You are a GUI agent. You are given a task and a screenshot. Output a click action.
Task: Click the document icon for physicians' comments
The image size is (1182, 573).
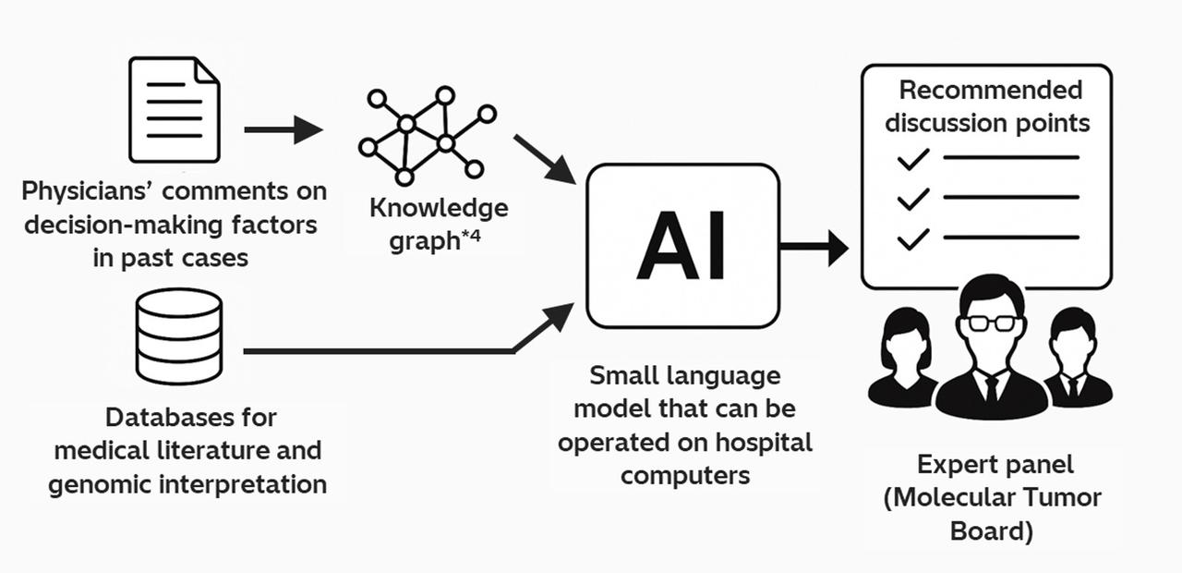(175, 109)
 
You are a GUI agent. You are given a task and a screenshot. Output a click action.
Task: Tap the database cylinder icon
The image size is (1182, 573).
(178, 335)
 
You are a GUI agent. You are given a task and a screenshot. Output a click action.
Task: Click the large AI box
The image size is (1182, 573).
(682, 246)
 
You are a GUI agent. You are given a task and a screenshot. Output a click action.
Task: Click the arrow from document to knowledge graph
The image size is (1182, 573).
(283, 129)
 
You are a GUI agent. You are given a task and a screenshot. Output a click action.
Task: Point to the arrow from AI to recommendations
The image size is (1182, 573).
(814, 247)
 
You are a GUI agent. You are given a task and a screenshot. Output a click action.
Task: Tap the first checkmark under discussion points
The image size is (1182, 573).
(912, 159)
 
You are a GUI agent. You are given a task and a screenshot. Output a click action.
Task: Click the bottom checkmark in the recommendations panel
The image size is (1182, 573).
(912, 239)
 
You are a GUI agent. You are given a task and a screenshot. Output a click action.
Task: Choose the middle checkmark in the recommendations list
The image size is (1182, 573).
(912, 199)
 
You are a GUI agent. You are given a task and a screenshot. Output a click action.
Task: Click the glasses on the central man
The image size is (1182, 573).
(990, 323)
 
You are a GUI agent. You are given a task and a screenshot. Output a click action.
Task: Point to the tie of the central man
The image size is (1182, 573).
(990, 389)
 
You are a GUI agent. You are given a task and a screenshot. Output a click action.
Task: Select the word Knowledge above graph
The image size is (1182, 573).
(439, 207)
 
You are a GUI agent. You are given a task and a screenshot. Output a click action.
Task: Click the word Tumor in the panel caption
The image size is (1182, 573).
(1064, 497)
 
